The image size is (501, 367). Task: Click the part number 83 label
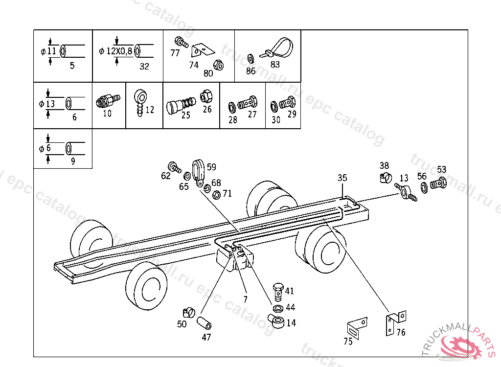click(275, 64)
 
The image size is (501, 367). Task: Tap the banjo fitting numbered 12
click(138, 101)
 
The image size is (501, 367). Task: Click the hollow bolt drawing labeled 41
click(278, 290)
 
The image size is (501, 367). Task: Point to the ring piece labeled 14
click(276, 322)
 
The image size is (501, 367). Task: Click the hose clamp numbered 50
click(187, 311)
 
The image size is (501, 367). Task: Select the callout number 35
click(342, 178)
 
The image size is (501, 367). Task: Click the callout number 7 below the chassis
click(246, 299)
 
